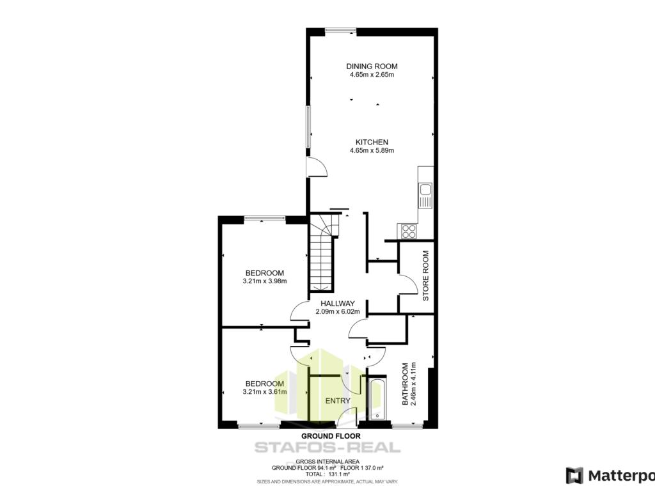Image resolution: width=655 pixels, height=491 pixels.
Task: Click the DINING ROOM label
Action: point(372,66)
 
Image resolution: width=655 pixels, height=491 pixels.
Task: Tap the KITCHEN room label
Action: point(372,142)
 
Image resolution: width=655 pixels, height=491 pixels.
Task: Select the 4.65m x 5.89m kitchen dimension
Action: point(372,150)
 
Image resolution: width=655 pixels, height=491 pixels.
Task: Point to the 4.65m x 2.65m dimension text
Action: point(372,75)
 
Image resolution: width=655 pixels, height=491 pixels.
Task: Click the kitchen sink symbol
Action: point(425,196)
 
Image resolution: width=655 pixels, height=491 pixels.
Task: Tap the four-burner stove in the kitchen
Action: point(409,231)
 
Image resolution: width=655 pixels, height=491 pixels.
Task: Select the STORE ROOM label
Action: point(425,276)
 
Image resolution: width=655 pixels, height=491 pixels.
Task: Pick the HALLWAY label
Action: point(338,304)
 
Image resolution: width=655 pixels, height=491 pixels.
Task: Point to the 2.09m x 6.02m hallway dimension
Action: point(338,311)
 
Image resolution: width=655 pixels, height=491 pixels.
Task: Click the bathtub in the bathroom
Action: point(377,399)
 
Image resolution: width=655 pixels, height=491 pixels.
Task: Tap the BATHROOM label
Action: point(405,384)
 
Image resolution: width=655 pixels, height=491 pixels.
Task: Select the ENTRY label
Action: point(338,401)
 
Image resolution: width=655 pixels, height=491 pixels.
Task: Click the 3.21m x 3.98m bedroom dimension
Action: point(264,281)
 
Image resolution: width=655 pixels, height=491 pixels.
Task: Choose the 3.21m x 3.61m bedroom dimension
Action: point(264,392)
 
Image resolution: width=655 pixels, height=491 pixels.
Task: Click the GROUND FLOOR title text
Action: point(331,436)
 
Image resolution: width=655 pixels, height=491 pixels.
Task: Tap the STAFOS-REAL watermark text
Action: point(327,448)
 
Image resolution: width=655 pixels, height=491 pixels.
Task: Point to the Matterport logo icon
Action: point(574,476)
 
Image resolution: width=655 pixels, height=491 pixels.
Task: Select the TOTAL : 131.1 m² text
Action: point(327,474)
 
